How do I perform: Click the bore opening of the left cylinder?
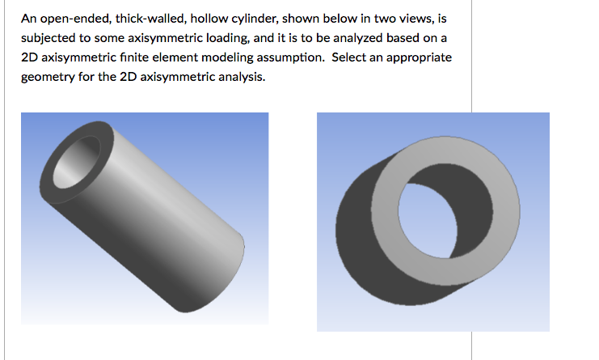[x=79, y=159]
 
